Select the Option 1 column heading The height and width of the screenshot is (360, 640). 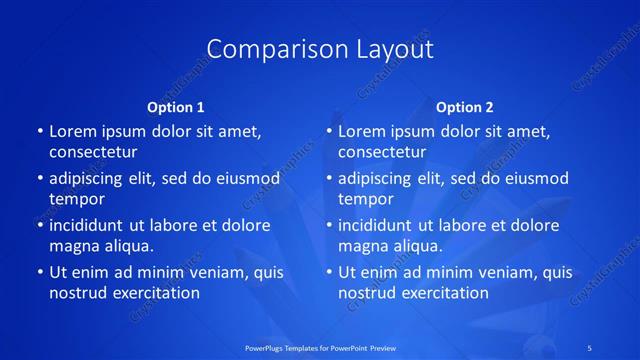176,107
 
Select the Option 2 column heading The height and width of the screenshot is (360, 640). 465,107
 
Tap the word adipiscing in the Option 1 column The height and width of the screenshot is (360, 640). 93,179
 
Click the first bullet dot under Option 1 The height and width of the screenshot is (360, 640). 39,132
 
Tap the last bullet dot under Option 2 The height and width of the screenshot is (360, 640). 328,272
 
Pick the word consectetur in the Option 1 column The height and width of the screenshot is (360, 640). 93,152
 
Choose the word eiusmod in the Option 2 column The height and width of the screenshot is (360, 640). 537,179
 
